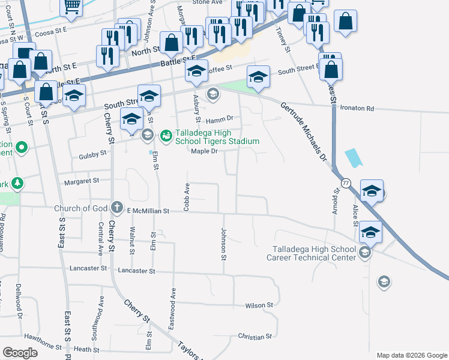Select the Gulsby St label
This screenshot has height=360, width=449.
click(92, 154)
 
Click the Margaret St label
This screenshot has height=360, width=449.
click(83, 181)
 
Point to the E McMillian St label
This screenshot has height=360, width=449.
click(149, 211)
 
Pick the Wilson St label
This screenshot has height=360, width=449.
click(259, 305)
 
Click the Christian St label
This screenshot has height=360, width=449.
click(255, 337)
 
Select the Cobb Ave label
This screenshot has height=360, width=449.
click(187, 196)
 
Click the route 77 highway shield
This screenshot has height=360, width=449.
click(346, 182)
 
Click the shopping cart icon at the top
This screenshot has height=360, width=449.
click(72, 7)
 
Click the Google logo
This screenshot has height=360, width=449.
click(20, 353)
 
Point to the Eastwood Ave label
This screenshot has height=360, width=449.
click(173, 301)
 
